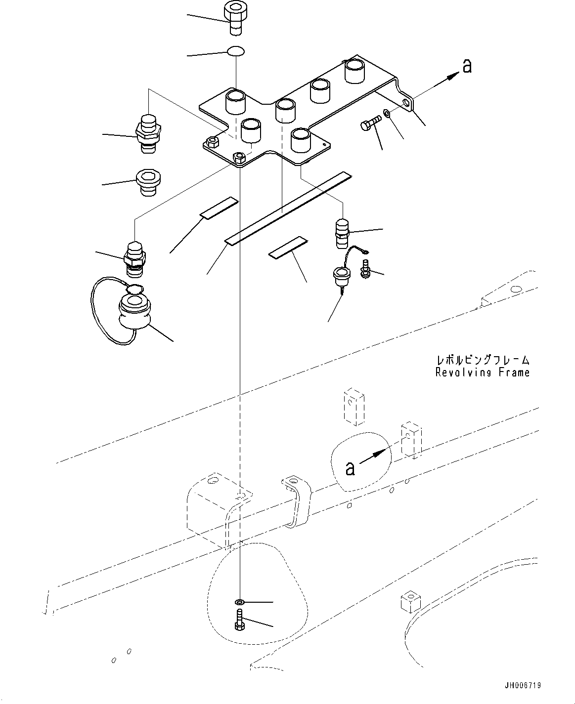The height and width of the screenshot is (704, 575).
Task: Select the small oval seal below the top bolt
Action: [236, 51]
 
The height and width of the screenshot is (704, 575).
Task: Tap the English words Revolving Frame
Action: [483, 373]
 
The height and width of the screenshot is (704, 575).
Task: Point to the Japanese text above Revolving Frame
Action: [483, 360]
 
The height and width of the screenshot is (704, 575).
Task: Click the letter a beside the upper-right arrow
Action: [467, 66]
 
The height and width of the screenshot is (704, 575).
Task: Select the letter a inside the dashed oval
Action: [350, 468]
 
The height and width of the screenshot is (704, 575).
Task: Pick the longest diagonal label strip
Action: [288, 208]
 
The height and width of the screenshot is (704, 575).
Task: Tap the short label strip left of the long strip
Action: [219, 208]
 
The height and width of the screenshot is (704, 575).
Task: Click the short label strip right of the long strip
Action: [288, 248]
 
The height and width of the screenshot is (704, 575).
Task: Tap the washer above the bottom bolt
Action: [239, 602]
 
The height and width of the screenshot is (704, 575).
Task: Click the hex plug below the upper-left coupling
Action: [148, 182]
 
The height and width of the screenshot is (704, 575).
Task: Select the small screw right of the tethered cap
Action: [365, 269]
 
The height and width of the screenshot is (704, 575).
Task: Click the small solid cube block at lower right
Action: [410, 602]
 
